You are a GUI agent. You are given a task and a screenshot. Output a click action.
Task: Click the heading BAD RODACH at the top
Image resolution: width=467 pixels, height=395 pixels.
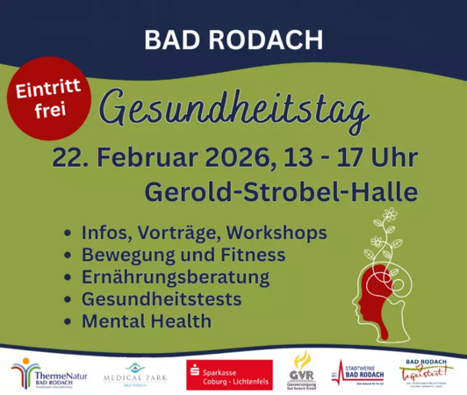pyautogui.click(x=233, y=39)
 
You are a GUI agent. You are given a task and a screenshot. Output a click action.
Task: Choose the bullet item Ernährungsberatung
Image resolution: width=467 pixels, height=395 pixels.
pyautogui.click(x=176, y=277)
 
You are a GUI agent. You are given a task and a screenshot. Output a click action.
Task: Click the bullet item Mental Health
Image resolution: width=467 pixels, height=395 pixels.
pyautogui.click(x=146, y=321)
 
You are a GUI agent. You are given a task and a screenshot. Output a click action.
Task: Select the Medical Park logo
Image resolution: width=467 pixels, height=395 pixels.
pyautogui.click(x=133, y=373)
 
